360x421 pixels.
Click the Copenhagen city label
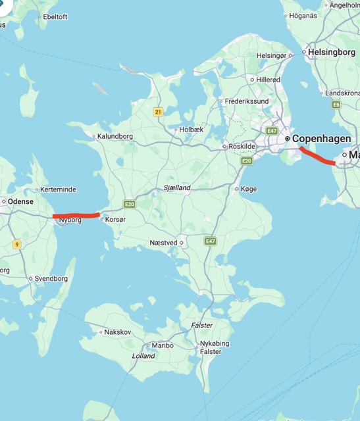pyautogui.click(x=321, y=139)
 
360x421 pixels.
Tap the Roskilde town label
pyautogui.click(x=241, y=146)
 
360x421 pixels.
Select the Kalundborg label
pyautogui.click(x=115, y=137)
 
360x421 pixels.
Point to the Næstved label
pyautogui.click(x=163, y=243)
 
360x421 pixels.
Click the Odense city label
pyautogui.click(x=21, y=201)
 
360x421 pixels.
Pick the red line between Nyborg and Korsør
pyautogui.click(x=76, y=215)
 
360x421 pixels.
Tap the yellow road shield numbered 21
pyautogui.click(x=158, y=112)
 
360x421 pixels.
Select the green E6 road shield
pyautogui.click(x=336, y=105)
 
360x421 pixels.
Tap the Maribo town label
pyautogui.click(x=162, y=345)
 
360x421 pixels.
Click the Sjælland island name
pyautogui.click(x=176, y=188)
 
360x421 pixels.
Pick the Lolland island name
pyautogui.click(x=143, y=356)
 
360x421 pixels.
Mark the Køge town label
pyautogui.click(x=249, y=189)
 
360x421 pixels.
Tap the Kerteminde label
pyautogui.click(x=58, y=189)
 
